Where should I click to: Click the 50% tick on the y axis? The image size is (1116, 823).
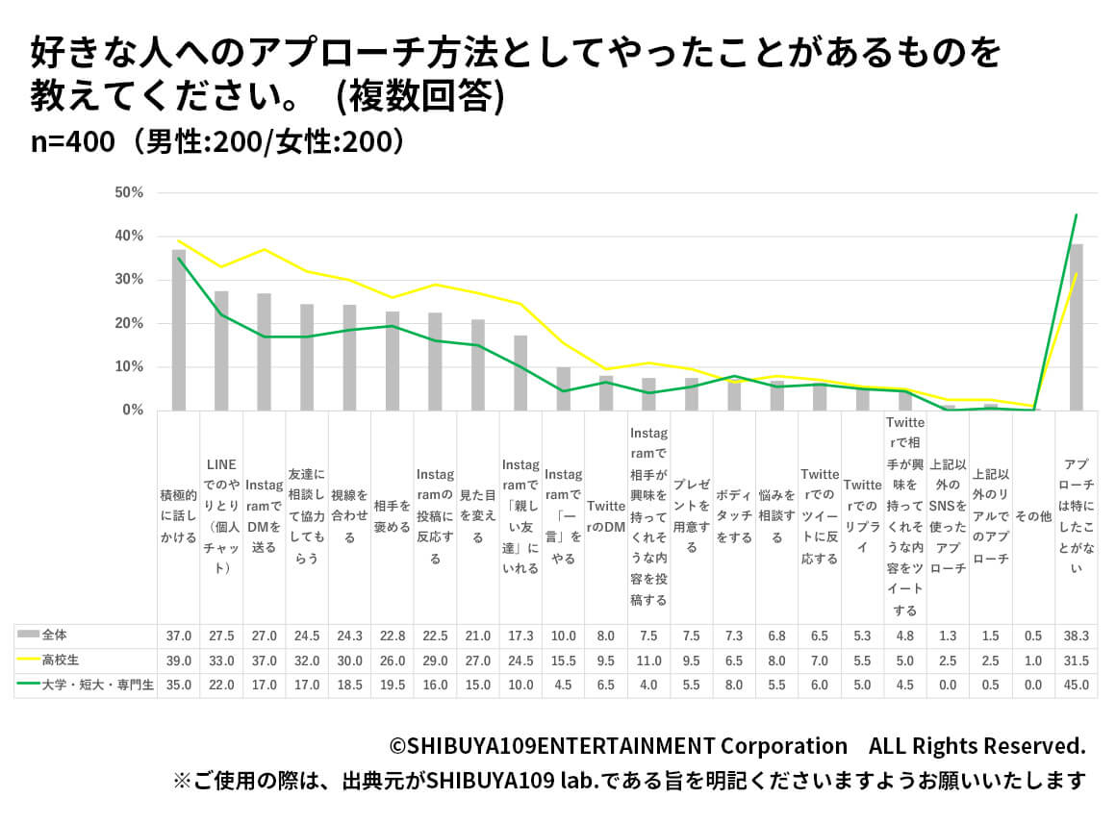click(128, 192)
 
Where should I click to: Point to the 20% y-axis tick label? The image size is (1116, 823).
click(128, 323)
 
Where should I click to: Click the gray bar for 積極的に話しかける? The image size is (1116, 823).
click(179, 330)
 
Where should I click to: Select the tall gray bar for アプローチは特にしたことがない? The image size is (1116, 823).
click(1077, 327)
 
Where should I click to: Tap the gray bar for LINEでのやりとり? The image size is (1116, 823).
click(221, 351)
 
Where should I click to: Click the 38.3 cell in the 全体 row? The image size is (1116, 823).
click(1077, 636)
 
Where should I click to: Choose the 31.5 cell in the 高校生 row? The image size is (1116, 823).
click(1077, 661)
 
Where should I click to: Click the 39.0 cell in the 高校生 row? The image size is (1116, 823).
click(179, 661)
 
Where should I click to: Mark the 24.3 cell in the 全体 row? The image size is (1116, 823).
click(350, 636)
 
